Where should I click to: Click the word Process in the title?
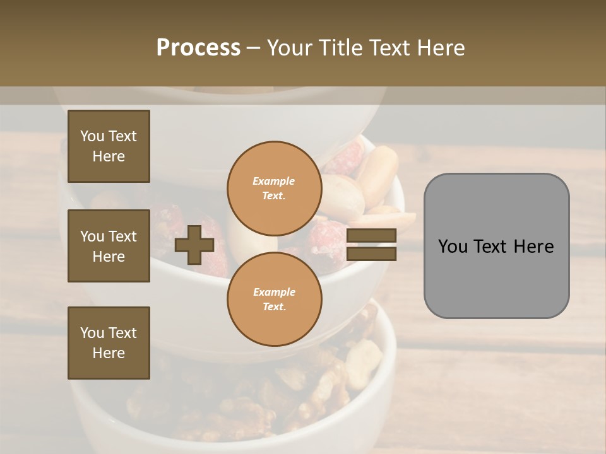click(x=198, y=48)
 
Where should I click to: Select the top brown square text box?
click(x=109, y=146)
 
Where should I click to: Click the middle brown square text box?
click(x=109, y=246)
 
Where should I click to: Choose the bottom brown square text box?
click(x=109, y=343)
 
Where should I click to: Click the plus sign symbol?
click(x=194, y=245)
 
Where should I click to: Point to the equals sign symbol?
click(x=371, y=245)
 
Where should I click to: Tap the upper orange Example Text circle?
click(x=274, y=188)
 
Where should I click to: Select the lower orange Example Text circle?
click(x=274, y=299)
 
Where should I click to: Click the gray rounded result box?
click(x=496, y=246)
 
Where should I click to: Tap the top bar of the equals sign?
click(x=371, y=235)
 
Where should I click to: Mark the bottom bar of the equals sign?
click(x=371, y=253)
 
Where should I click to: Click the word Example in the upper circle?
click(x=274, y=181)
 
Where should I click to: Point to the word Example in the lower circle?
click(x=274, y=292)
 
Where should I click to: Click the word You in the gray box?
click(x=453, y=247)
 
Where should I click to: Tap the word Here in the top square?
click(x=109, y=156)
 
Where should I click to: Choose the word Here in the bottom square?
click(x=109, y=353)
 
